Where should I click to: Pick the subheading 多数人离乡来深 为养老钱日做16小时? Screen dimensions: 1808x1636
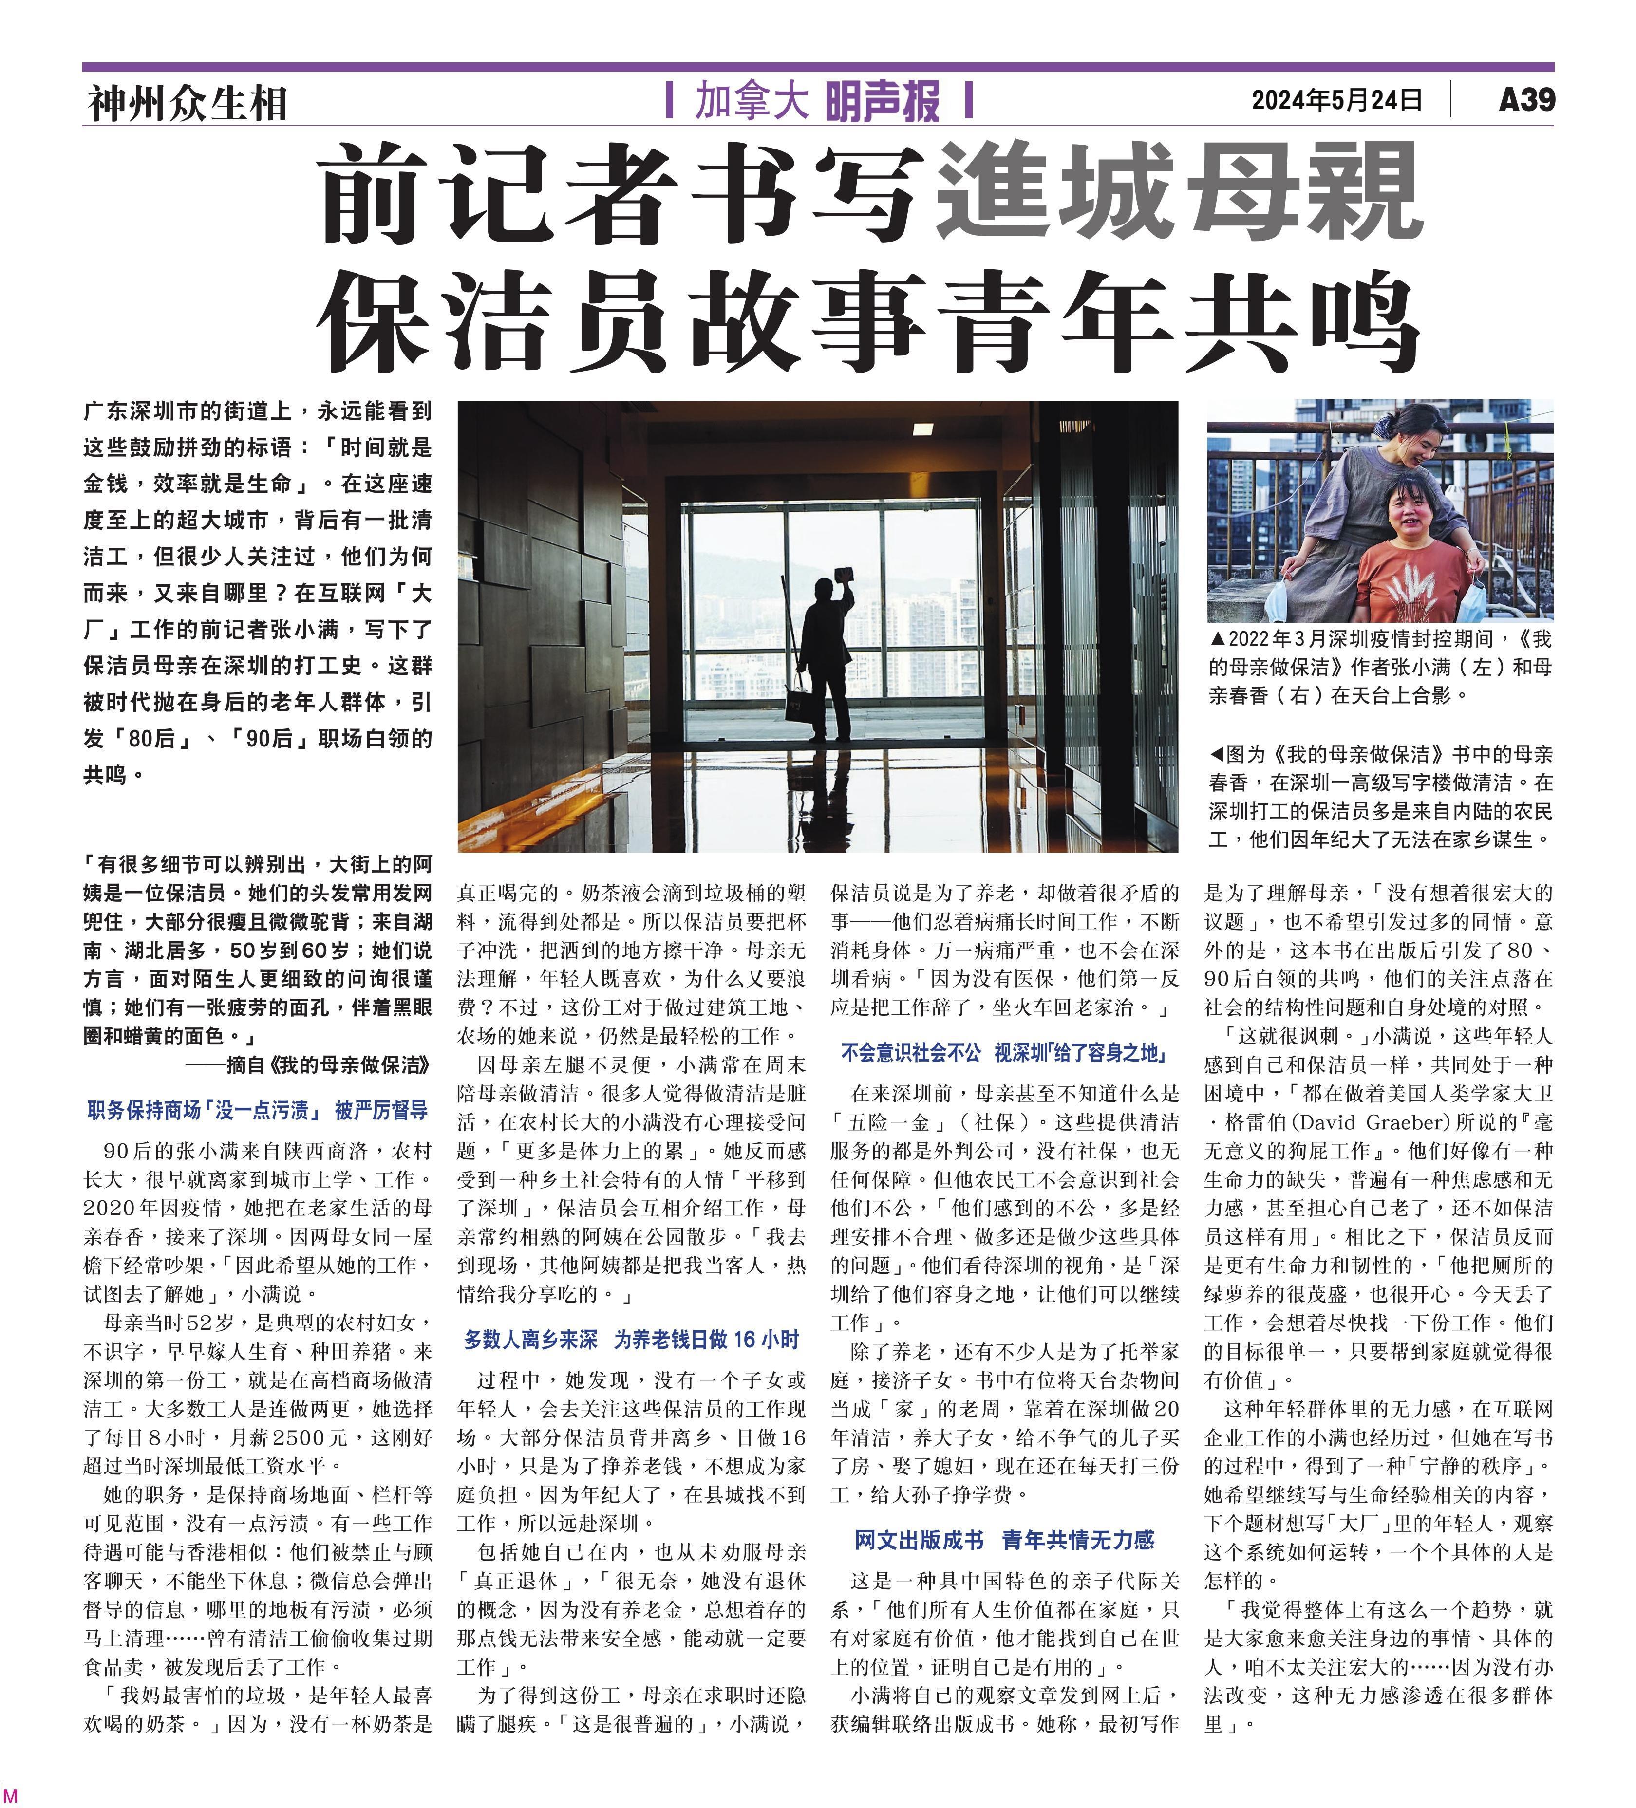coord(631,1340)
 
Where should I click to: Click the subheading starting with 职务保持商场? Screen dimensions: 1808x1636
coord(258,1110)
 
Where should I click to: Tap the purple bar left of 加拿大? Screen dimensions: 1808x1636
coord(670,100)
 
